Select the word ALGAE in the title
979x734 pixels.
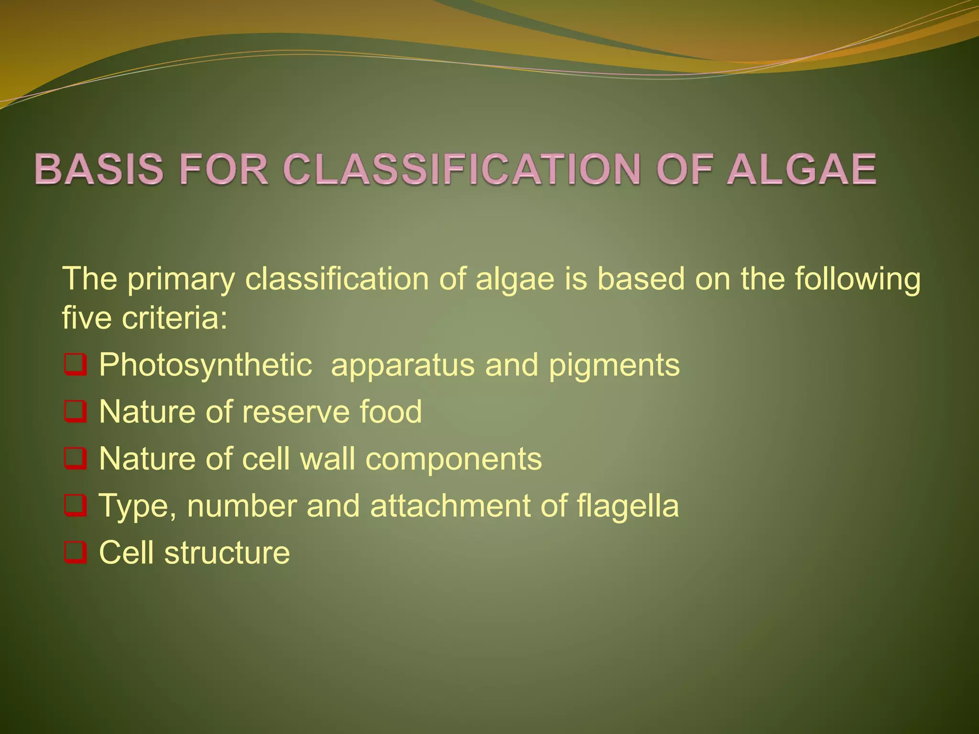801,169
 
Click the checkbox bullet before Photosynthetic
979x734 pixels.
75,366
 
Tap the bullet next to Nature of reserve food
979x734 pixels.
75,412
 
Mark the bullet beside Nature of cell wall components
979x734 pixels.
75,459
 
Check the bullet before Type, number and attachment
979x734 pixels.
75,506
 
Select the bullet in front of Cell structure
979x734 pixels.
75,552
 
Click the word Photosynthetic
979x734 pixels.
206,366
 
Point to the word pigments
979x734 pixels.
614,366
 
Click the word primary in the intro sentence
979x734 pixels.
181,280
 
